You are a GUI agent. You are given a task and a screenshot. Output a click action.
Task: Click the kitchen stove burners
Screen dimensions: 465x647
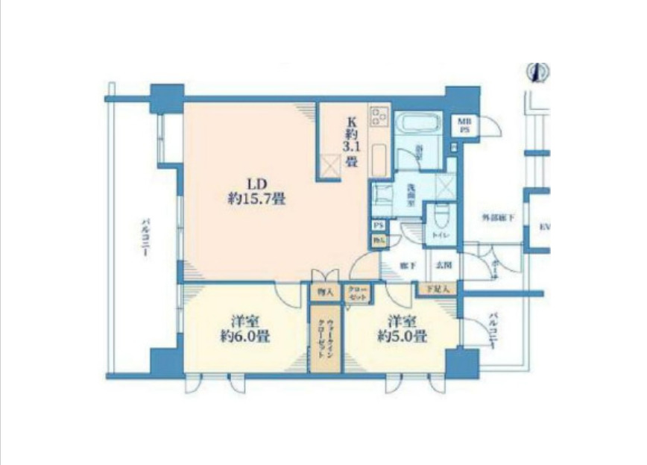point(379,117)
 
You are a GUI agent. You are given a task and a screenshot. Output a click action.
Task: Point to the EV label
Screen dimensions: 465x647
point(543,227)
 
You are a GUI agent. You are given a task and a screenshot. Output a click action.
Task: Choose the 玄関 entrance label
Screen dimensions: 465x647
point(444,265)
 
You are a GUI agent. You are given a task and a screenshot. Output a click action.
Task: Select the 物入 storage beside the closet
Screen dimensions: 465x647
point(324,293)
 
